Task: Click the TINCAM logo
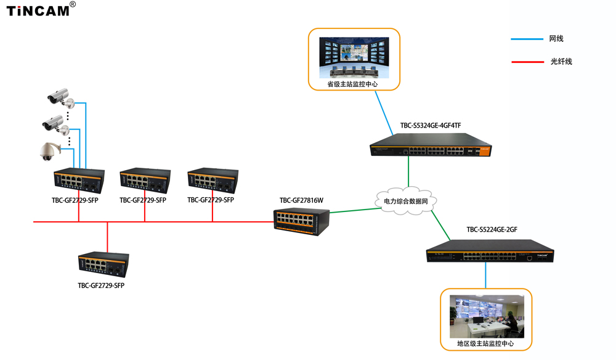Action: tap(41, 9)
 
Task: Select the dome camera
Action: tap(49, 151)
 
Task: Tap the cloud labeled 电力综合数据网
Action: tap(406, 201)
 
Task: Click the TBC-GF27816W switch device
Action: tap(301, 222)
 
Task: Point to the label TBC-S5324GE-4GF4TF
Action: tap(431, 125)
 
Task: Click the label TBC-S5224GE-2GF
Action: tap(492, 229)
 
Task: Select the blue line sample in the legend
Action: tap(527, 39)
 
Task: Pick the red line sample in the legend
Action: tap(528, 62)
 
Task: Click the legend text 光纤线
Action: tap(561, 61)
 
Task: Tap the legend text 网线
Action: tap(556, 38)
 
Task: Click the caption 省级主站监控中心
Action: tap(352, 84)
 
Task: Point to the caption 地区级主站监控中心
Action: tap(485, 343)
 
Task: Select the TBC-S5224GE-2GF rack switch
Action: tap(490, 251)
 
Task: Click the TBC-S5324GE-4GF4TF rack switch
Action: tap(431, 145)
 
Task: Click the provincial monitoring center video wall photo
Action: tap(354, 57)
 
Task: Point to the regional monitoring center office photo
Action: tap(487, 316)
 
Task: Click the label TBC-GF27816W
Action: tap(301, 200)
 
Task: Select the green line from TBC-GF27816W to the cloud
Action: tap(355, 210)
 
